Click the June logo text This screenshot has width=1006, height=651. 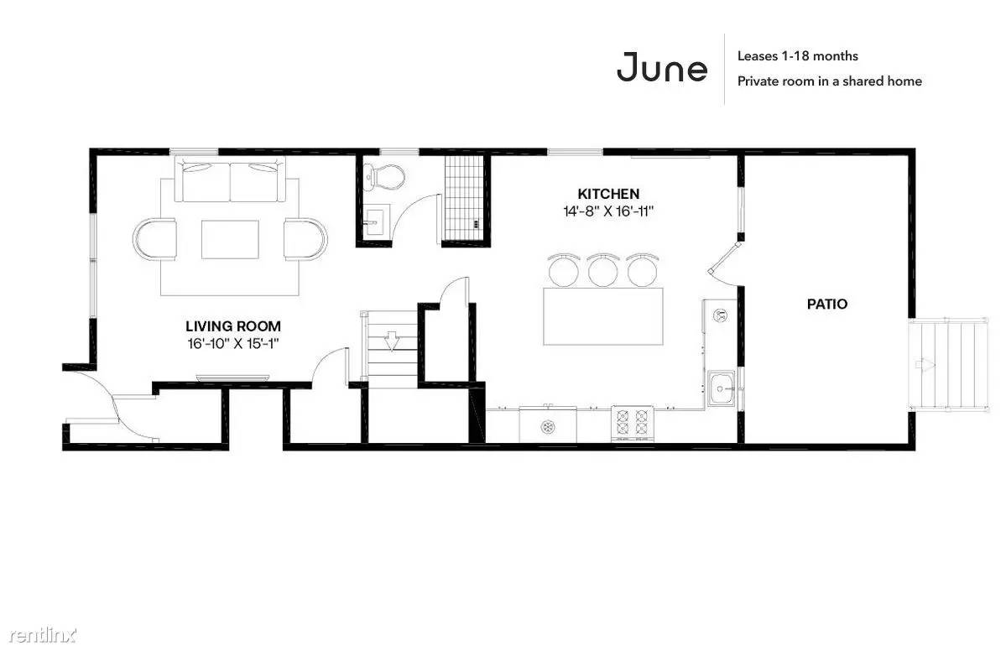pos(661,67)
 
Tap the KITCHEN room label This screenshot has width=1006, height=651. pos(608,194)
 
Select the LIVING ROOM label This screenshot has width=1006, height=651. pos(233,325)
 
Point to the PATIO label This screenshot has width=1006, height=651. pos(827,304)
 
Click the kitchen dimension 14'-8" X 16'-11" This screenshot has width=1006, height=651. pos(608,211)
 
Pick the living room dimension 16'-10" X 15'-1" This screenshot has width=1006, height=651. pos(233,343)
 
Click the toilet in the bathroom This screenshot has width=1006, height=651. pos(383,175)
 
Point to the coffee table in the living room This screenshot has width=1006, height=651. pos(231,239)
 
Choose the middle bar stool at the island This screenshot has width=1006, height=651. pos(603,269)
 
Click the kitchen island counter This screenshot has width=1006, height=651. pos(603,316)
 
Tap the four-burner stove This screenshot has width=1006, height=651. pos(632,424)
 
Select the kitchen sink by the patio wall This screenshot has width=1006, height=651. pos(722,388)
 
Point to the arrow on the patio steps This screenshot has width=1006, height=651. pos(925,364)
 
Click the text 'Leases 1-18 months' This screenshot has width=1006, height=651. pos(797,56)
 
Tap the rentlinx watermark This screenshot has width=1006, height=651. pos(42,635)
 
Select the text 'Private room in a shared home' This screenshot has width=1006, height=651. pos(830,81)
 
